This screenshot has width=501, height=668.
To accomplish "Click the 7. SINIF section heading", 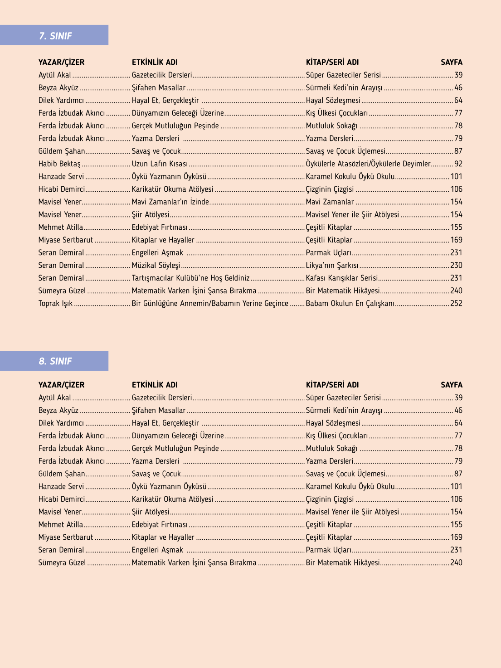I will [55, 36].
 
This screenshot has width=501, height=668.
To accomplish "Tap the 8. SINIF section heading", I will [55, 361].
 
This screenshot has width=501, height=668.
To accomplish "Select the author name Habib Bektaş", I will [59, 164].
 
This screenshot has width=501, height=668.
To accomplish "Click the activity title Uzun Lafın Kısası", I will [160, 164].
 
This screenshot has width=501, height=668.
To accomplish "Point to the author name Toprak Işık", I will [55, 304].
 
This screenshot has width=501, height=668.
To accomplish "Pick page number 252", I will [456, 304].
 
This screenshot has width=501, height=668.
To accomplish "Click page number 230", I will [456, 266].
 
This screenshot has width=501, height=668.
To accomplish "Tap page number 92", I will [458, 164].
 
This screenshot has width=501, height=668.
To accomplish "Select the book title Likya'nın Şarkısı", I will [332, 266].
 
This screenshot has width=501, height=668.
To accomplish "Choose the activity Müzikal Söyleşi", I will [156, 266].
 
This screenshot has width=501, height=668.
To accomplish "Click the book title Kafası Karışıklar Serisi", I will [342, 278].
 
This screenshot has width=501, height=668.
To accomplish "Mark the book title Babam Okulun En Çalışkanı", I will [350, 304].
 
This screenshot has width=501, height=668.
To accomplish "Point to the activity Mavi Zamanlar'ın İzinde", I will [170, 202].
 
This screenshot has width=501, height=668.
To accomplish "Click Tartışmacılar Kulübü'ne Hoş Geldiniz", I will [190, 278].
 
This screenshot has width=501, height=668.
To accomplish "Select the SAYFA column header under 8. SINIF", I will [452, 385].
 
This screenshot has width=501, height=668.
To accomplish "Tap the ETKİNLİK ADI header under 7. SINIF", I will [155, 62].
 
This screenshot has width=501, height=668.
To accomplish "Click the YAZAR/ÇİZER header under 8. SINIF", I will [61, 385].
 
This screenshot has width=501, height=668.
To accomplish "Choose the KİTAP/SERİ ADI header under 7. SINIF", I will [332, 62].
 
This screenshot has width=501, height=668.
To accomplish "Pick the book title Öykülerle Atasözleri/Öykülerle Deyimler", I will [368, 164].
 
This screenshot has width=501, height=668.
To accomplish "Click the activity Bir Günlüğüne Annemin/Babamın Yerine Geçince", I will [210, 304].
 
